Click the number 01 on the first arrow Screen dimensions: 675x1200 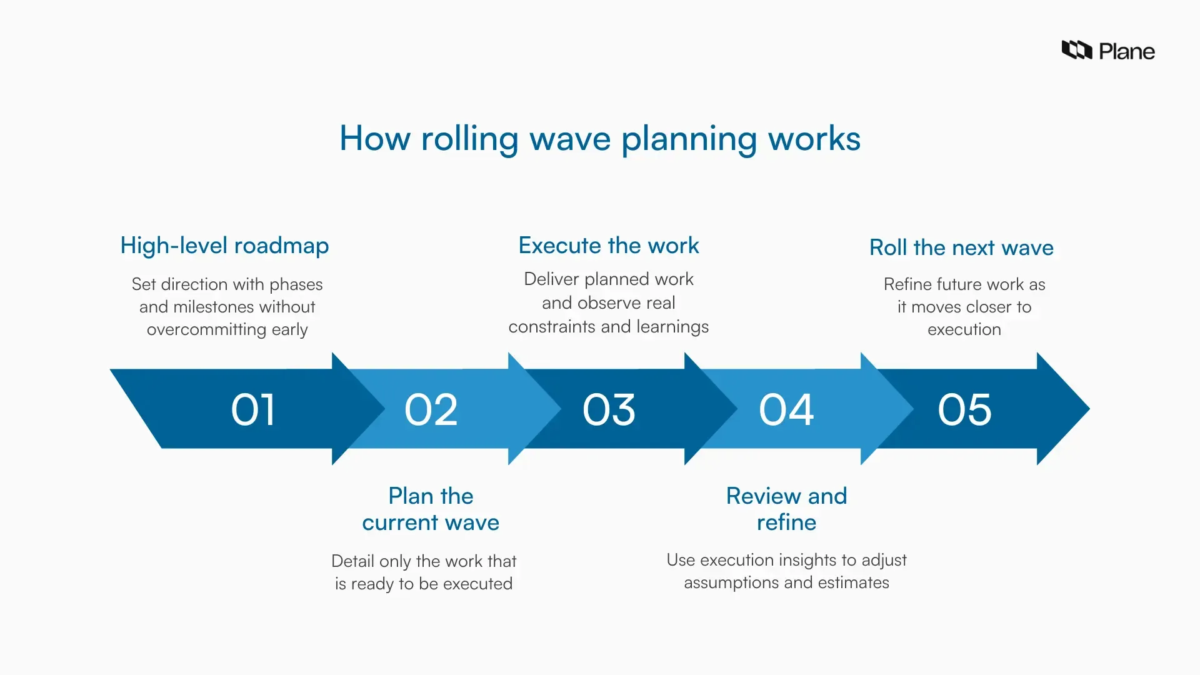[253, 410]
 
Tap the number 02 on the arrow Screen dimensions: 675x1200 [431, 410]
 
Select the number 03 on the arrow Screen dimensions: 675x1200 [609, 410]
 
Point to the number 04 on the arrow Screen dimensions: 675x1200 [786, 410]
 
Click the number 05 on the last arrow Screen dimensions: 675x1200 [964, 410]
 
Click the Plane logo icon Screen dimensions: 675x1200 [1076, 50]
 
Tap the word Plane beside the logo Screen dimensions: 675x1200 [1127, 51]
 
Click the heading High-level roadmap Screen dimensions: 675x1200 [224, 246]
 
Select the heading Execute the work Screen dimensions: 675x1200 [609, 246]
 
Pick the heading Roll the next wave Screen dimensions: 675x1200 [961, 247]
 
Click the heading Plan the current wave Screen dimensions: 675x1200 [431, 509]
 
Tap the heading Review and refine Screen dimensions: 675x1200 [786, 509]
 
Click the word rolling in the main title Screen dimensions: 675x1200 [469, 139]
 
